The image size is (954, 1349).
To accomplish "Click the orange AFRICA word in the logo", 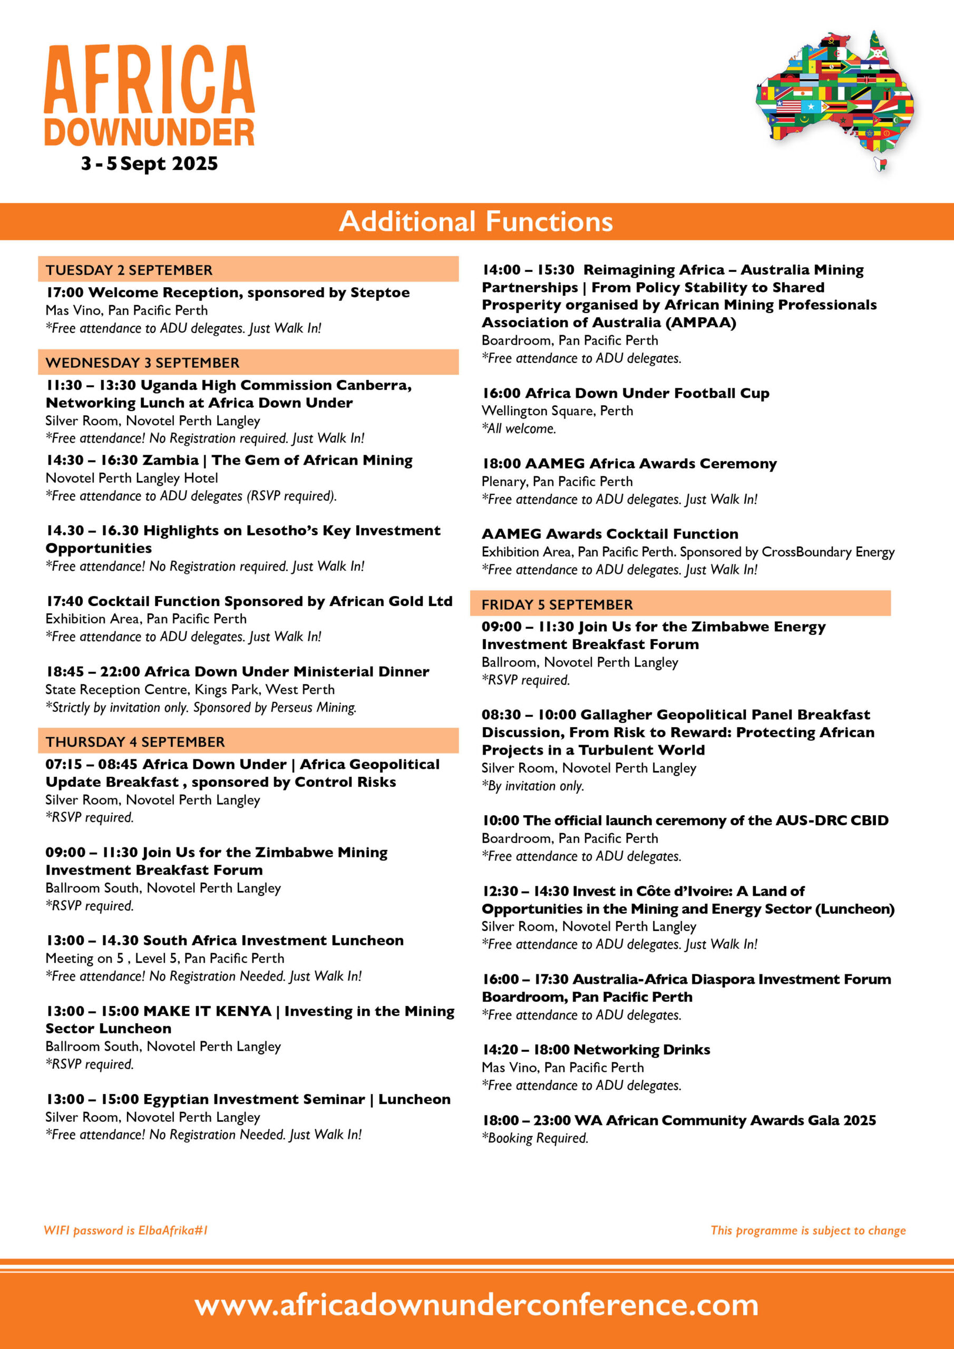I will coord(149,80).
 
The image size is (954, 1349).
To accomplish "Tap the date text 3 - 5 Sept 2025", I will coord(149,163).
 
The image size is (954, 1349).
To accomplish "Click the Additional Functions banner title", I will coord(476,221).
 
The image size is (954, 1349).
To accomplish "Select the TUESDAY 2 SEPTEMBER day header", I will coord(129,270).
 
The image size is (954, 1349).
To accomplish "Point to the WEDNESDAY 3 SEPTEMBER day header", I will coord(143,363).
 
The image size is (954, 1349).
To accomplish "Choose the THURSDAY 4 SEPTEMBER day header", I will coord(135,741).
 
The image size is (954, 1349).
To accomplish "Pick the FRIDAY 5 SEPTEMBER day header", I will coord(557,604).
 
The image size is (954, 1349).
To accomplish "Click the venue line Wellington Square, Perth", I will coord(557,410).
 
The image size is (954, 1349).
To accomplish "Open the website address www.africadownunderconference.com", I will coord(476,1304).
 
